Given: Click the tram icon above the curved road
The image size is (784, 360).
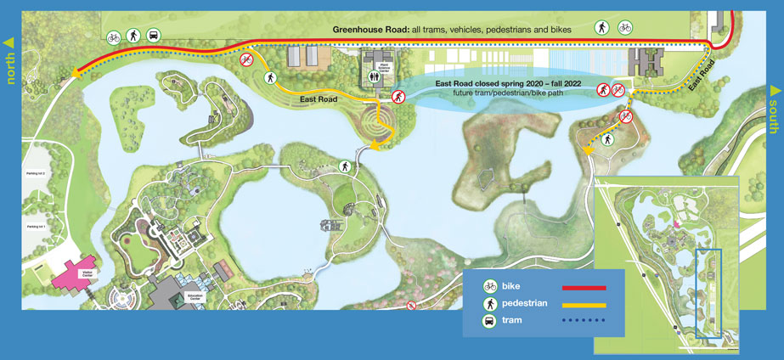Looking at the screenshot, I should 155,36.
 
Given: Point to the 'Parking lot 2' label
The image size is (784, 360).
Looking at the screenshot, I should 35,172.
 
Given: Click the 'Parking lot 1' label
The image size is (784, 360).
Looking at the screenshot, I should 35,228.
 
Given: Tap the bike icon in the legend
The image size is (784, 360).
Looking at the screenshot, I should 490,287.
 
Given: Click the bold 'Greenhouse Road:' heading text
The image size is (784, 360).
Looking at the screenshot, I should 370,30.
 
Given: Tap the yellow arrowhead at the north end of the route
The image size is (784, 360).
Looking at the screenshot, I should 76,75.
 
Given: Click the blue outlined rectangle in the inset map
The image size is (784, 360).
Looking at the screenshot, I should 708,293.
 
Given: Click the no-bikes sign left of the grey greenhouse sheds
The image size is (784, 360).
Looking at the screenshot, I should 246,59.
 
